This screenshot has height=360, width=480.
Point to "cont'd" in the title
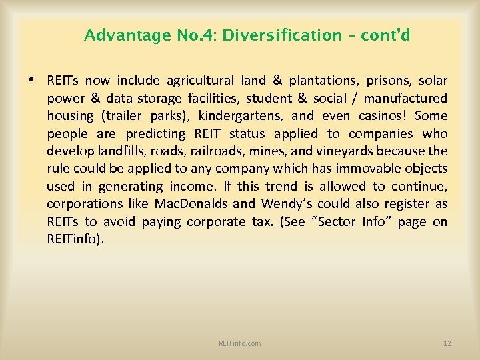coord(385,35)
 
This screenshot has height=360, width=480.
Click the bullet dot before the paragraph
coord(31,81)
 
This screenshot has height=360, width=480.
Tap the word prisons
coord(389,81)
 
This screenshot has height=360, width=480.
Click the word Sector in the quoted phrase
coord(350,221)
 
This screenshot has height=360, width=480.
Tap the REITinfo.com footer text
coord(239,343)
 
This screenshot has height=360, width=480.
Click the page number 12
coord(447,343)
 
